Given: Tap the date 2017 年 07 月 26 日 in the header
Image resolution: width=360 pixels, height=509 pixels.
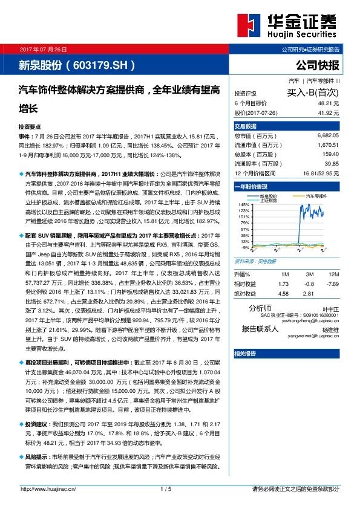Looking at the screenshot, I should pyautogui.click(x=44, y=48).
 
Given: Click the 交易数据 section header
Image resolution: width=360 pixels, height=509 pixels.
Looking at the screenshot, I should pyautogui.click(x=246, y=126).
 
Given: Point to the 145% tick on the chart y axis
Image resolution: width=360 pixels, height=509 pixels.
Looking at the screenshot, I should pyautogui.click(x=244, y=205).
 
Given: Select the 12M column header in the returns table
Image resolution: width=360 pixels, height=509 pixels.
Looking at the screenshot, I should pyautogui.click(x=332, y=274).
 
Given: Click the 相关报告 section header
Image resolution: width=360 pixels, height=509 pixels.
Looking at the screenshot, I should pyautogui.click(x=246, y=352).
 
